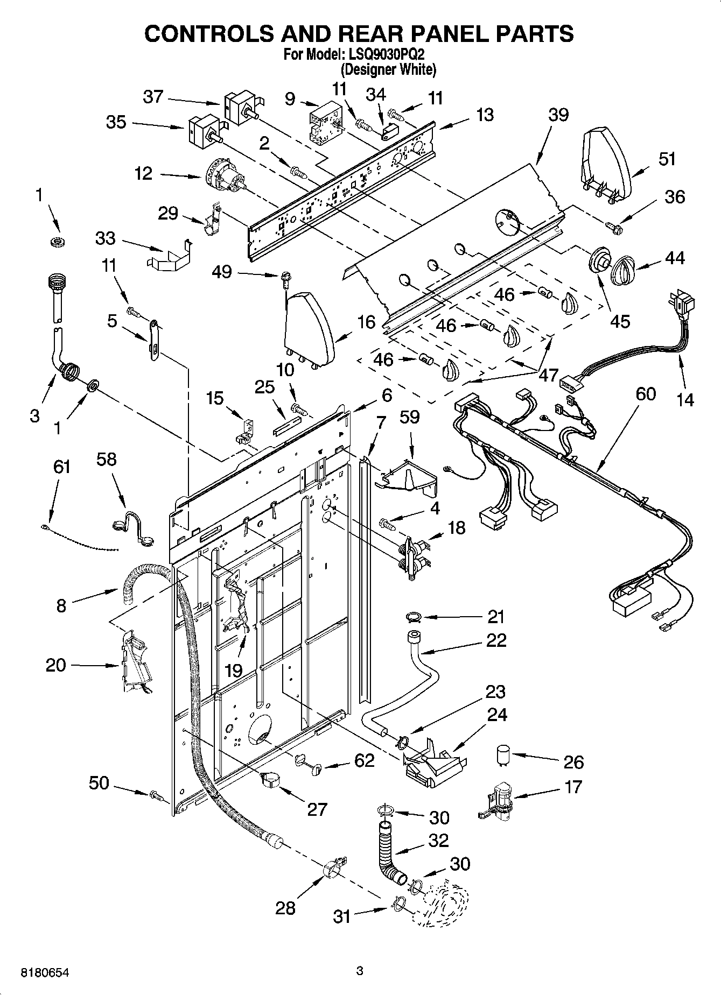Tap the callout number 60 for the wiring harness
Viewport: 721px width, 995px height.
[x=645, y=394]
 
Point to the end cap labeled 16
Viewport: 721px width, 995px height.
[x=309, y=329]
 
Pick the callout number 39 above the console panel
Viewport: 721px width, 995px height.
[x=558, y=115]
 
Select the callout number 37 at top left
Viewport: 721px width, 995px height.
[x=153, y=97]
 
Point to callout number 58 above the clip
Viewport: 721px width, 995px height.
[x=106, y=460]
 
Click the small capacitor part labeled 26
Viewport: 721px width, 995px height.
[x=503, y=756]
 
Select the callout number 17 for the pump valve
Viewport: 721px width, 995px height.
[x=573, y=787]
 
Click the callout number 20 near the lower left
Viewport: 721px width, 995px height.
[x=55, y=665]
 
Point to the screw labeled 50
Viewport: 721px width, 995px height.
[x=157, y=794]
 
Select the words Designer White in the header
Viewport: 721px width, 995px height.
[x=388, y=69]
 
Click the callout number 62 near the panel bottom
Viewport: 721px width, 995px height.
[x=364, y=761]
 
